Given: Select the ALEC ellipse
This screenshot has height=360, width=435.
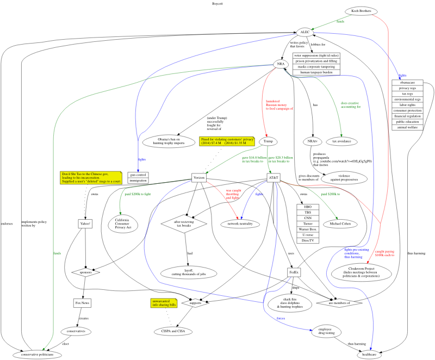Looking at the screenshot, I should (x=305, y=32).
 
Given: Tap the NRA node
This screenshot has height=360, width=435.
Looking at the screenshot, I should (x=281, y=64).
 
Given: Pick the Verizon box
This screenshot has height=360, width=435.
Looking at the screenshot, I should (x=198, y=178).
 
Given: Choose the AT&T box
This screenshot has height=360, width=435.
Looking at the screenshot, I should (x=274, y=178).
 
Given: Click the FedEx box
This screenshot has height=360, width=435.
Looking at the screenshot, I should (x=294, y=270).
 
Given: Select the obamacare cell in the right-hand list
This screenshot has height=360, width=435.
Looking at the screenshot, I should (x=406, y=83).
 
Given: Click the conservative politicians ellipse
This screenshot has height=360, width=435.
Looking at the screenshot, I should (x=41, y=354).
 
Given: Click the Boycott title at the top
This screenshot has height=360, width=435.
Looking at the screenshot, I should (x=217, y=3).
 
